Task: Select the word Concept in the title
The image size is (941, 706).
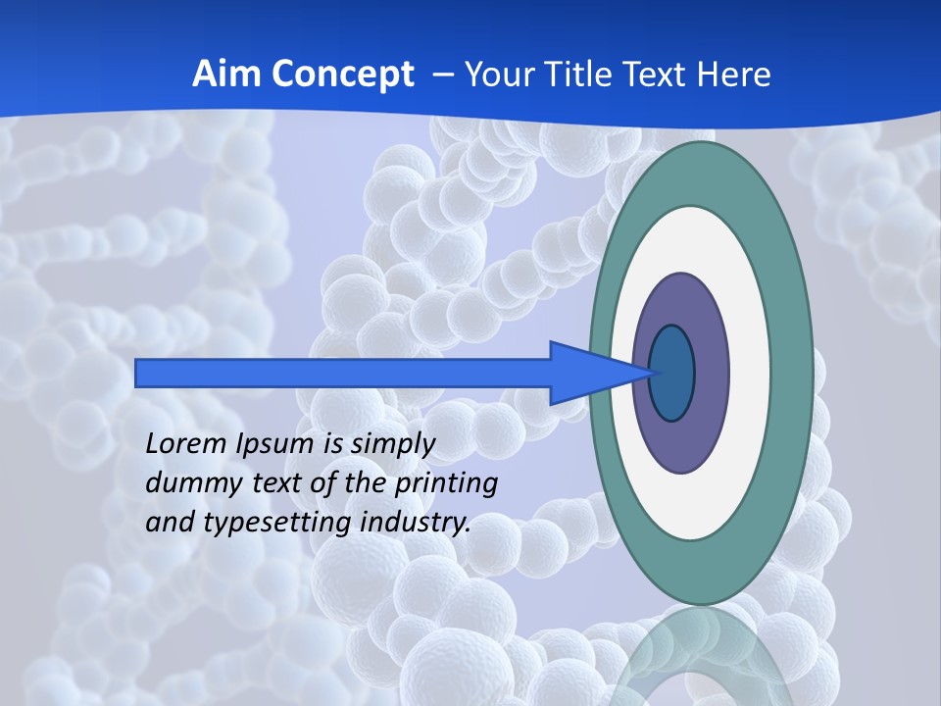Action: coord(342,75)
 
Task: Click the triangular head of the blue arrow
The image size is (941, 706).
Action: coord(588,374)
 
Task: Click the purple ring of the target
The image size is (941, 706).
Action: coord(710,374)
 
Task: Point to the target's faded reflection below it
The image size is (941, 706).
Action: coord(702,657)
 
